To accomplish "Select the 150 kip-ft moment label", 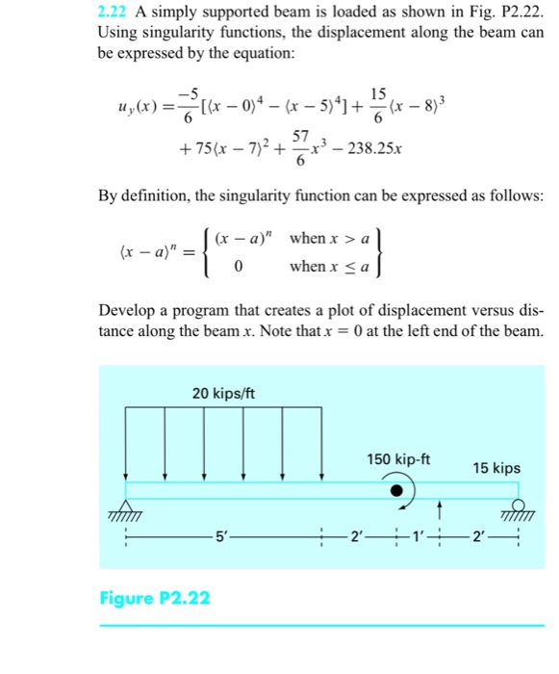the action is [x=398, y=459].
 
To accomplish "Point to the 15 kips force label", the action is [x=496, y=468].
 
